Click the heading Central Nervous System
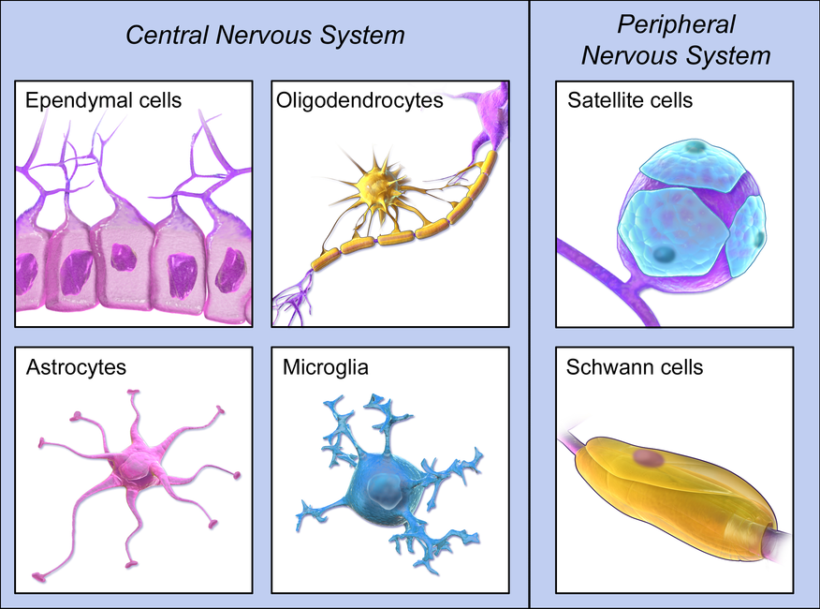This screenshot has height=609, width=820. point(265,36)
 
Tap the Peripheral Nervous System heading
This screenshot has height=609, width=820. point(675,39)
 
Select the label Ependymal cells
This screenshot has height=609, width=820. point(104,99)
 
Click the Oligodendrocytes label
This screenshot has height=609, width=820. point(359,99)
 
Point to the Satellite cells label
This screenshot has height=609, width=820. point(630,99)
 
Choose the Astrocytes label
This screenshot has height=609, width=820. point(76,366)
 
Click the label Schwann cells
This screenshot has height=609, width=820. point(635,366)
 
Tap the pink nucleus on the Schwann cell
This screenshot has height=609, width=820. point(646,458)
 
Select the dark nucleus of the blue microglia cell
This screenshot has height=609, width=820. point(381,487)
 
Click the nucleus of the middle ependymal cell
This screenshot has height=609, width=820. point(124,257)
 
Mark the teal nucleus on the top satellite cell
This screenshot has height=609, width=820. point(694,147)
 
